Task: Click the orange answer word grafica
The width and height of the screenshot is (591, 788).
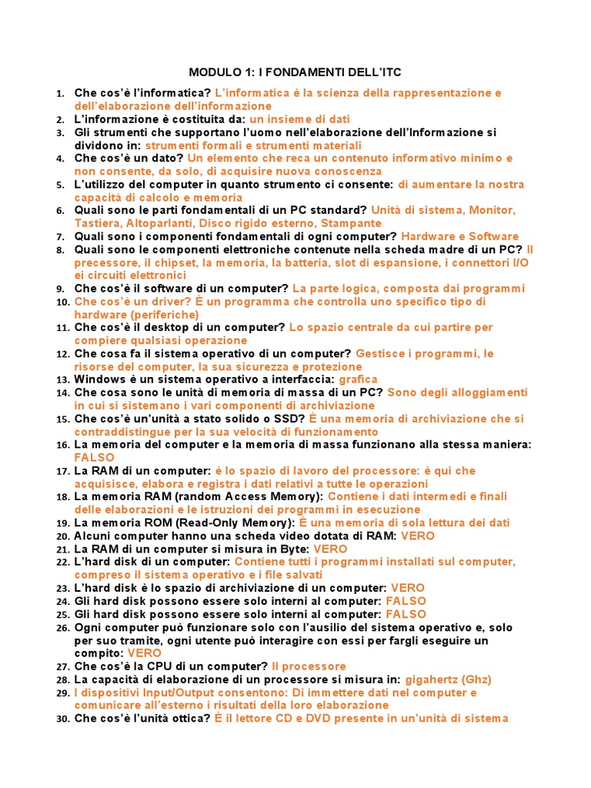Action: point(358,379)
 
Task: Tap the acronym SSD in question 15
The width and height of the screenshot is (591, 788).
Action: point(292,419)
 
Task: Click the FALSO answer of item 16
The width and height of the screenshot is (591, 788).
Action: point(94,458)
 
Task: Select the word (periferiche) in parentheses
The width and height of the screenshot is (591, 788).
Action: point(165,315)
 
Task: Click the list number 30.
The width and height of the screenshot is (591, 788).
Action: point(63,719)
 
